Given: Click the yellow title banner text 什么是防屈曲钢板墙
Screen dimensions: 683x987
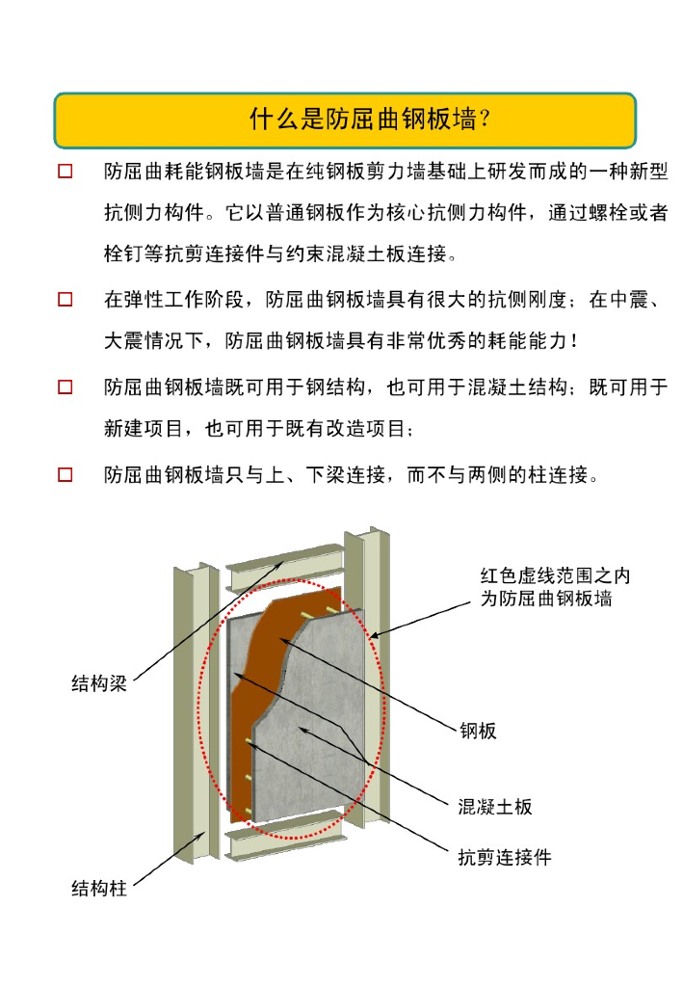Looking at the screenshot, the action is tap(363, 119).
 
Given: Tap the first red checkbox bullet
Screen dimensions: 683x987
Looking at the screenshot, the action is tap(66, 172).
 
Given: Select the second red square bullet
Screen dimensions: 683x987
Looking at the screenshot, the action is tap(66, 299).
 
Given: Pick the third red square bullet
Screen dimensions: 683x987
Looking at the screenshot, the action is tap(66, 387).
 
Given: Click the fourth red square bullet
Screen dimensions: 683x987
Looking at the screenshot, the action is tap(66, 474).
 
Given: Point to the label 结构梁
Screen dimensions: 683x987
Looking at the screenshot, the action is tap(99, 683).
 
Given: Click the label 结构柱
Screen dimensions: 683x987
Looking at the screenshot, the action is tap(99, 888).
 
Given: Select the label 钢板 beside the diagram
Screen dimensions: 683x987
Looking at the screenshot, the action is tap(478, 731).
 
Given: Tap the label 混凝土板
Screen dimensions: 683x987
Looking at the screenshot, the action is tap(495, 807).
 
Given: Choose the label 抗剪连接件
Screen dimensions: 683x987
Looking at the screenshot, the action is tap(505, 857).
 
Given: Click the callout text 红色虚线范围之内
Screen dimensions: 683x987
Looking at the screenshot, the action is tap(555, 575).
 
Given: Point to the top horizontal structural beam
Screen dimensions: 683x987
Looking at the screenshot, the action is tap(285, 567).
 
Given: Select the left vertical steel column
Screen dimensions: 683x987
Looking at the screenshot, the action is tap(197, 711).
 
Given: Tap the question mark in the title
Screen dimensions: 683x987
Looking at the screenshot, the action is tap(484, 119).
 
